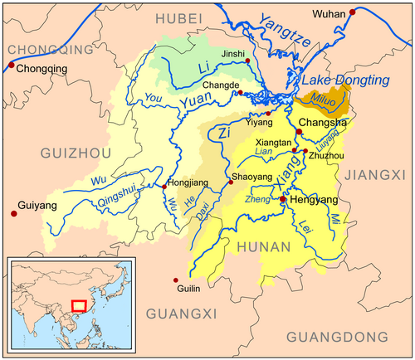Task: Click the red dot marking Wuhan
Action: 353,12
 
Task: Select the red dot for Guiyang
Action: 13,213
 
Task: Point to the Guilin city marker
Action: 176,280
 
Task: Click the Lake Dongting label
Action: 344,80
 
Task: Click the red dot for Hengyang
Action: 283,200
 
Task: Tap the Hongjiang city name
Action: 188,181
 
